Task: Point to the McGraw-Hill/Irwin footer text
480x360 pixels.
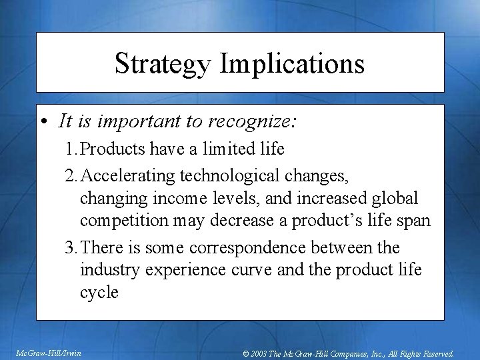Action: tap(48, 353)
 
